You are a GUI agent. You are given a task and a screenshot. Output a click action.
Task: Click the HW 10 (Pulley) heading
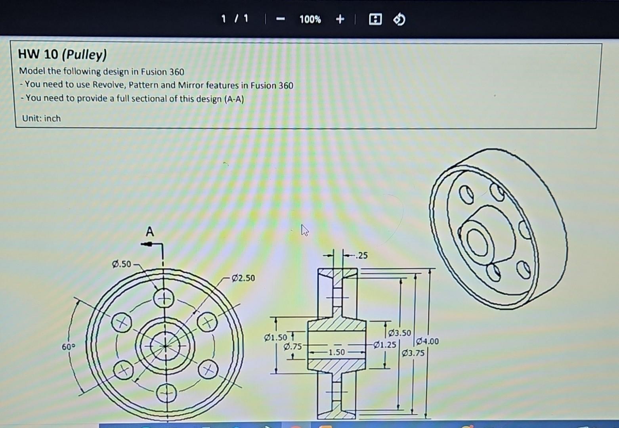click(x=62, y=54)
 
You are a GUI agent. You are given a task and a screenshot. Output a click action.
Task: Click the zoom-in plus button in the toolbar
click(x=340, y=19)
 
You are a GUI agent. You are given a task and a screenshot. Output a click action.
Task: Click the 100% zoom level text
click(x=310, y=19)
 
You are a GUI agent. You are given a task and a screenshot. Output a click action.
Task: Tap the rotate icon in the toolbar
click(x=399, y=19)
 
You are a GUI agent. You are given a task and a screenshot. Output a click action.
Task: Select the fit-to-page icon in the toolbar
click(x=375, y=19)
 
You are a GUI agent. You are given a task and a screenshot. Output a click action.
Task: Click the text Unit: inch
click(x=41, y=118)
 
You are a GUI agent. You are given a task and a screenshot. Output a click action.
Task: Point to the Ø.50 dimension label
click(x=121, y=264)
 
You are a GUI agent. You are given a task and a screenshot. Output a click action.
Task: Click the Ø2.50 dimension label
click(x=243, y=278)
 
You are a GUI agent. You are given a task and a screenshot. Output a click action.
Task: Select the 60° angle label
click(x=68, y=347)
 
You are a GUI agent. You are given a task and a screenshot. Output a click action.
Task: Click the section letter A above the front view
click(x=149, y=231)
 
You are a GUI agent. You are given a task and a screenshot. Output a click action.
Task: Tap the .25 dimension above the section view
click(x=361, y=256)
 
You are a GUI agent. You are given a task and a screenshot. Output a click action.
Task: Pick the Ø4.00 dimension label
click(x=428, y=341)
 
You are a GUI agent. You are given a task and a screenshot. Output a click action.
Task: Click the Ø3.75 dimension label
click(x=413, y=353)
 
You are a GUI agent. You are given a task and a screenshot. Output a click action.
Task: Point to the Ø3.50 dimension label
click(x=399, y=333)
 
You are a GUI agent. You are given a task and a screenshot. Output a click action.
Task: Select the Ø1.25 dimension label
click(x=384, y=345)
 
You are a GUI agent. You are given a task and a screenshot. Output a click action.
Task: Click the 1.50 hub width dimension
click(x=336, y=352)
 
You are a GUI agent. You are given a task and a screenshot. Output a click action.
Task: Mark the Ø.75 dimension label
click(x=292, y=347)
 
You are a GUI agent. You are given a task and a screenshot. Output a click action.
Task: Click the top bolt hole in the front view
click(x=164, y=299)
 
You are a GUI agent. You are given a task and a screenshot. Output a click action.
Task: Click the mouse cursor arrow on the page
click(x=304, y=230)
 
